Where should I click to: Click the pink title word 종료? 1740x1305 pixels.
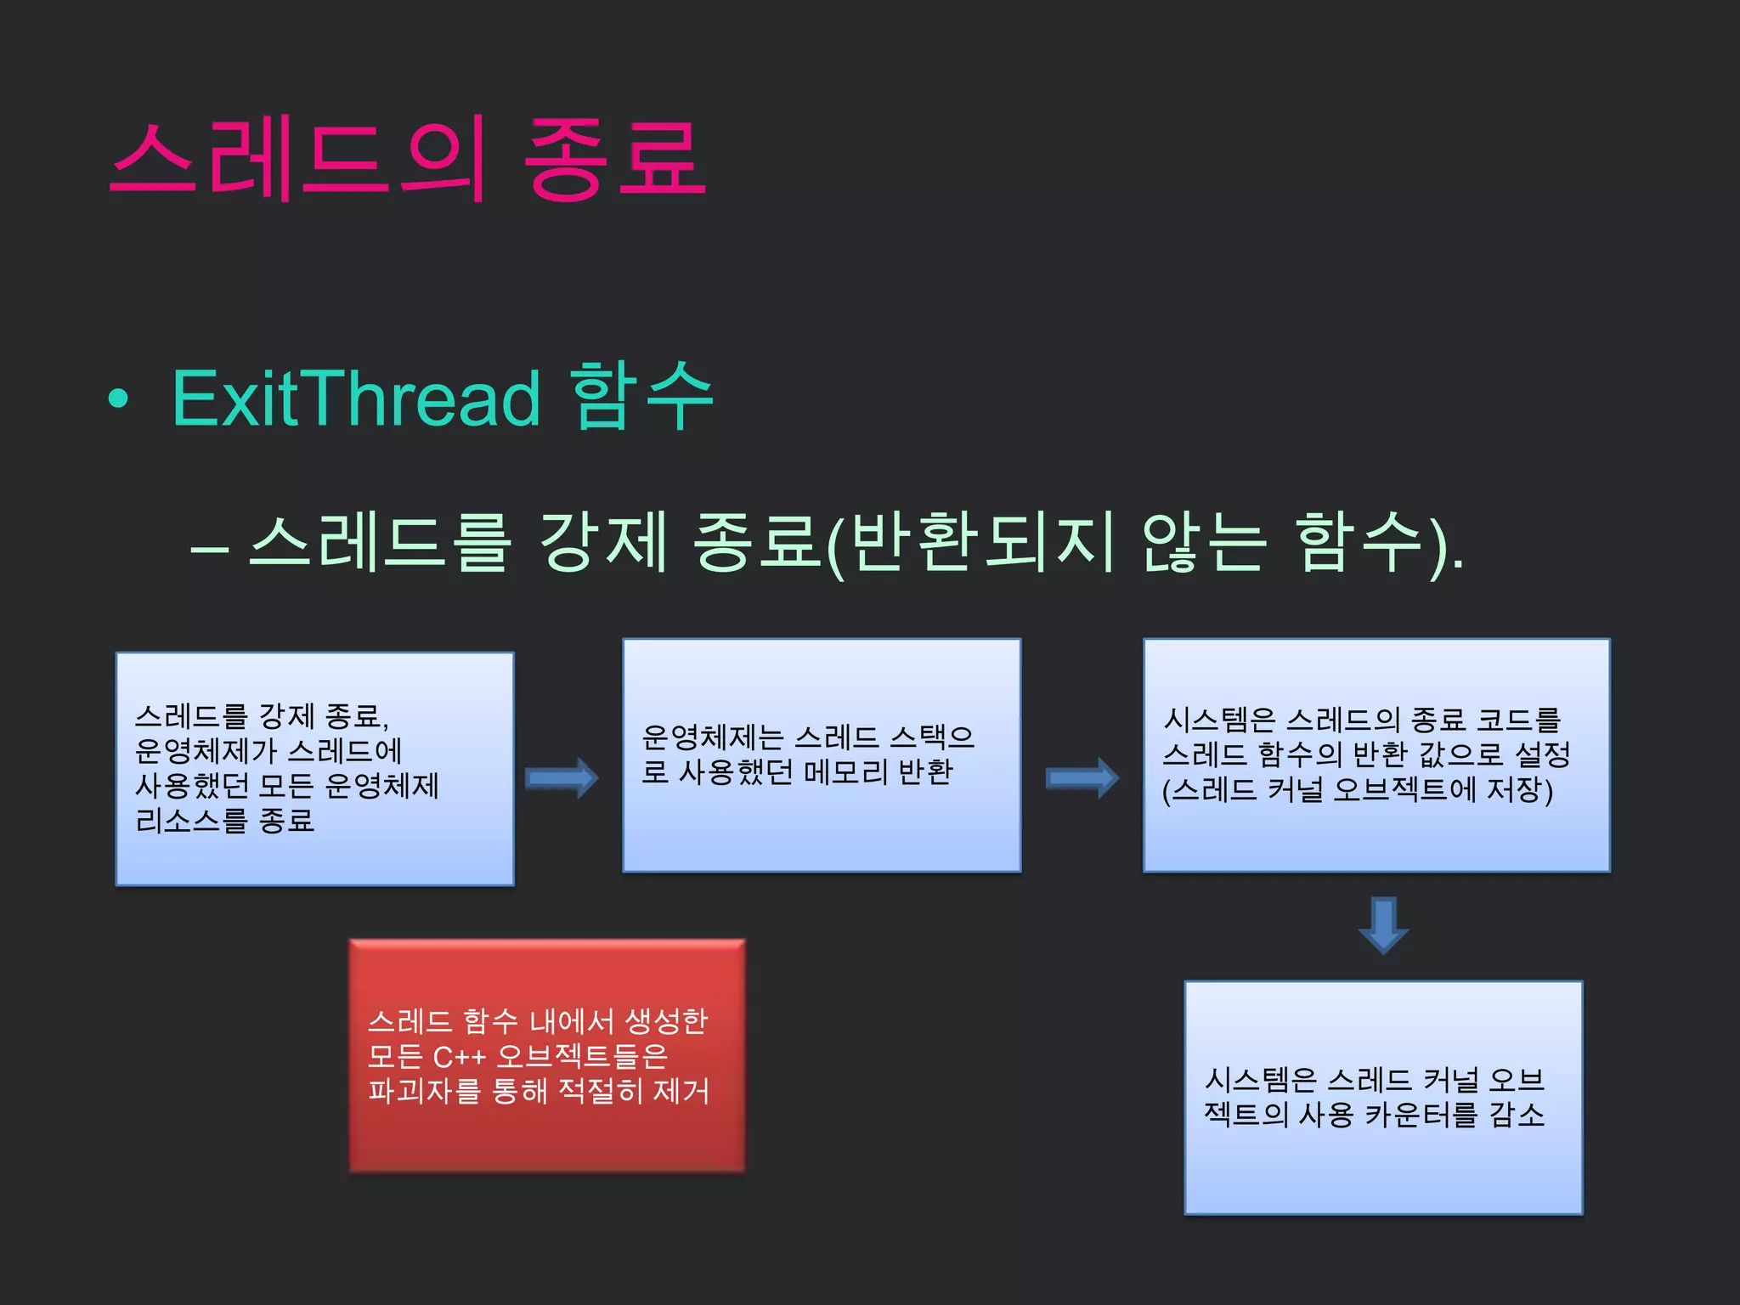tap(613, 159)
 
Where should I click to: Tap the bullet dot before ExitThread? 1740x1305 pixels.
tap(119, 398)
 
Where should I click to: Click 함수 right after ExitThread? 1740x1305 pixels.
tap(641, 395)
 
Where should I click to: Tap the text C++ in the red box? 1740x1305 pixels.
tap(459, 1057)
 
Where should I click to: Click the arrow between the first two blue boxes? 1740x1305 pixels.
tap(562, 777)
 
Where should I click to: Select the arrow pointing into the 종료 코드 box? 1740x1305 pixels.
tap(1082, 777)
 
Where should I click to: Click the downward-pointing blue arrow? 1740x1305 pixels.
tap(1383, 925)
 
